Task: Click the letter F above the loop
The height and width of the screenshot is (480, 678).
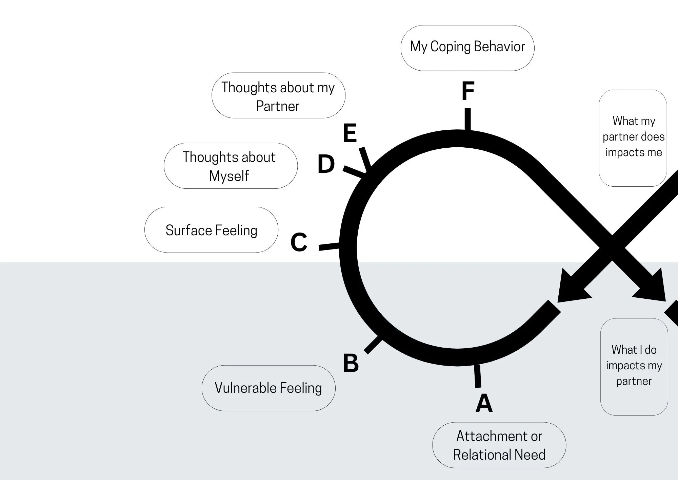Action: click(x=468, y=91)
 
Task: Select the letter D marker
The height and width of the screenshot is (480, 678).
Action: click(x=326, y=164)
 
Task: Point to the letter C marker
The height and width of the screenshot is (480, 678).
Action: click(x=299, y=242)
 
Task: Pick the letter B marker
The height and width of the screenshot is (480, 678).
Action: click(x=351, y=363)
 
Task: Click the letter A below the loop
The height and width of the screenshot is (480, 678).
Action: click(x=484, y=403)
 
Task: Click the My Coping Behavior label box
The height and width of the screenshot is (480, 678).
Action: click(x=467, y=48)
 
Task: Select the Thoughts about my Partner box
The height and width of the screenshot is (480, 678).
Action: click(x=278, y=95)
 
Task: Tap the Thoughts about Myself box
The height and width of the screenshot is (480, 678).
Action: click(x=231, y=166)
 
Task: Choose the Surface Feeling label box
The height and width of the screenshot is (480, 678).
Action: click(x=211, y=230)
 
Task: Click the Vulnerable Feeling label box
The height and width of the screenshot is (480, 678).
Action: click(x=268, y=388)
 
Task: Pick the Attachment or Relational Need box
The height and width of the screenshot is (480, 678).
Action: click(x=499, y=445)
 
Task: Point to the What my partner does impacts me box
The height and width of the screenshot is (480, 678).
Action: click(x=633, y=138)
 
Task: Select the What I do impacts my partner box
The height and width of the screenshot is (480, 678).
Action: click(x=634, y=367)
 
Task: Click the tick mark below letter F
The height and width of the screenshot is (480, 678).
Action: click(x=467, y=119)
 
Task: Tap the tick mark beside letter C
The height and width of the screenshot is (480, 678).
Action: click(x=329, y=246)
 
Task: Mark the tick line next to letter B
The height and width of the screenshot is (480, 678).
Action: click(x=373, y=345)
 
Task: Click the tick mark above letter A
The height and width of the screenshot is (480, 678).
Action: click(x=477, y=376)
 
